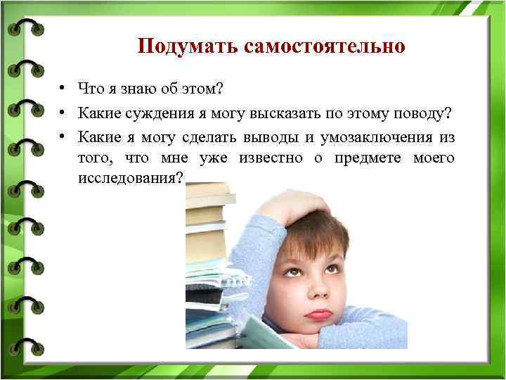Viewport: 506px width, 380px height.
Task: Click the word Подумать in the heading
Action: [x=188, y=46]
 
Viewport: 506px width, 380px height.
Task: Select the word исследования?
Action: [x=132, y=180]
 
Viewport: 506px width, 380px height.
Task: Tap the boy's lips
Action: [x=319, y=312]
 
